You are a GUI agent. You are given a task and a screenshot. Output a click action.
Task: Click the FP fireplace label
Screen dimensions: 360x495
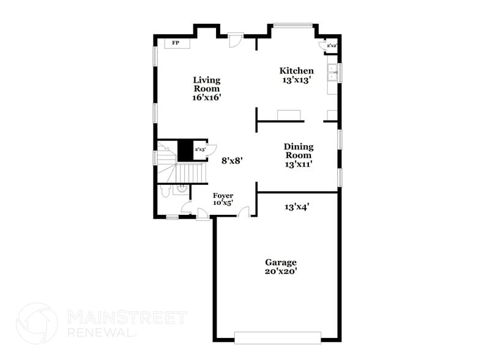coord(175,43)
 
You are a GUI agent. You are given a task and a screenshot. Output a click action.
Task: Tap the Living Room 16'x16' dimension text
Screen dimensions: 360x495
coord(207,97)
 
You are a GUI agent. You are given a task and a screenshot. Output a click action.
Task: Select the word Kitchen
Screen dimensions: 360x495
coord(297,70)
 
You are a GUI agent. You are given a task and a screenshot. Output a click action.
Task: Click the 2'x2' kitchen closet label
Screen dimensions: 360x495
coord(331,46)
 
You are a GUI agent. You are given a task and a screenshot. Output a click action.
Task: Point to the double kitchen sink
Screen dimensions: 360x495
coord(332,73)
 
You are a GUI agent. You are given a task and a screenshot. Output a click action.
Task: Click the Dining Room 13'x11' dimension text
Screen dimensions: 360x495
coord(299,164)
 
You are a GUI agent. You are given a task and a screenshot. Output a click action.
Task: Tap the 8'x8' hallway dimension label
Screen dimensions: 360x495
coord(233,160)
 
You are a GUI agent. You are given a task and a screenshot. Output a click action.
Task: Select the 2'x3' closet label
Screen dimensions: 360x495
coord(199,149)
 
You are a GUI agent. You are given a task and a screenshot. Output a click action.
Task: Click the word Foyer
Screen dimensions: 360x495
coord(223,195)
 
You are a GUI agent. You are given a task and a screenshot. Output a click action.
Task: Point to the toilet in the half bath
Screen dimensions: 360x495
coord(163,192)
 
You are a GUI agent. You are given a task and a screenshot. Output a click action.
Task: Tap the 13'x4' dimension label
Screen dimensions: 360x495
coord(297,207)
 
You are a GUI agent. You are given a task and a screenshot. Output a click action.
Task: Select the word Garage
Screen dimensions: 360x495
coord(281,262)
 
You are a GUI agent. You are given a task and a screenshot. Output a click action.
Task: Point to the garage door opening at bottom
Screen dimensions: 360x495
coord(278,338)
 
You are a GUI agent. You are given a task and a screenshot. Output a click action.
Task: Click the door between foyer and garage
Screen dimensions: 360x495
coord(244,212)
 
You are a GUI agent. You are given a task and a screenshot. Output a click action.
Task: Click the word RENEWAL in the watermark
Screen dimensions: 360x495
coord(98,333)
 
